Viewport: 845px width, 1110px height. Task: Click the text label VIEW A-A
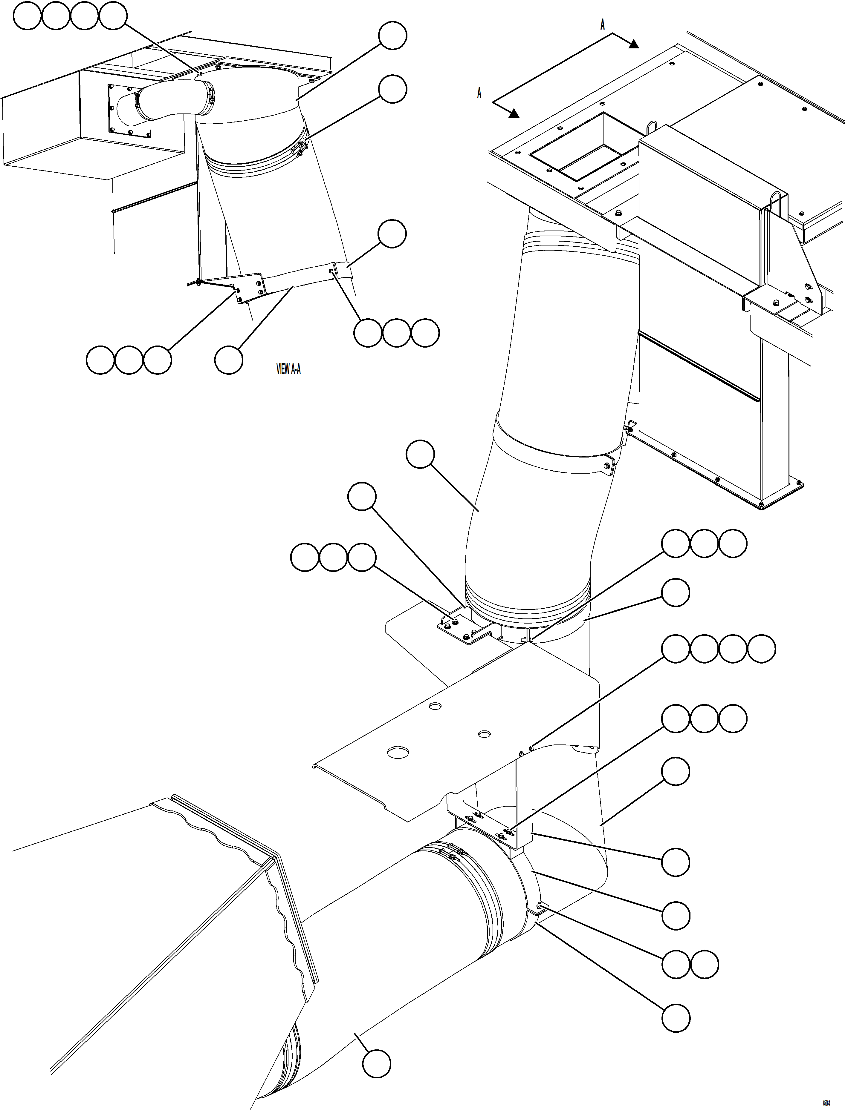click(x=289, y=370)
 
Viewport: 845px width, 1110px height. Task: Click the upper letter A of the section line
click(x=603, y=24)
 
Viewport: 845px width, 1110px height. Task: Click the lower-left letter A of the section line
click(x=479, y=93)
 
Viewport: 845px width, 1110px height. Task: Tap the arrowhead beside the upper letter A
click(x=633, y=44)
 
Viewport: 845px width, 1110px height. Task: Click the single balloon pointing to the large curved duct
click(x=420, y=454)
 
